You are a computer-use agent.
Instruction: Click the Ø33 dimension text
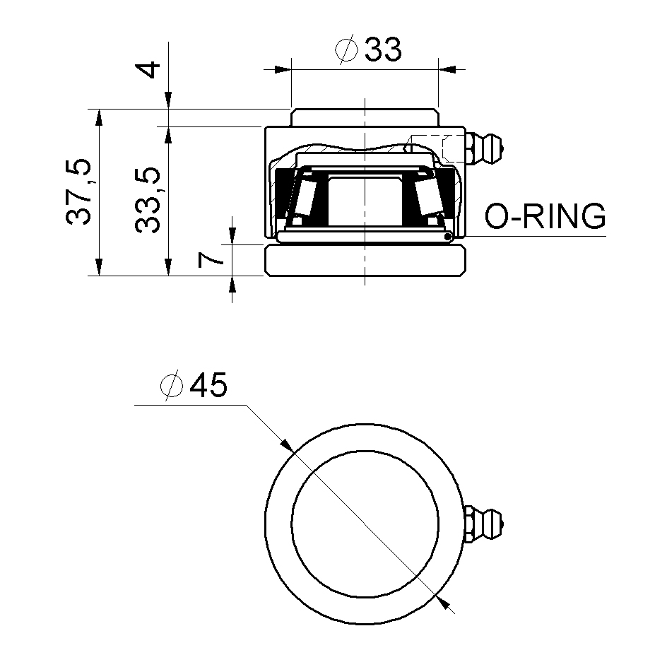[370, 50]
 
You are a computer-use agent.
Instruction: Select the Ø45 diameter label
[194, 386]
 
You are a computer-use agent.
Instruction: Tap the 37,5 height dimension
[78, 191]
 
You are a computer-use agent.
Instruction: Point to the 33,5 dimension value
[149, 201]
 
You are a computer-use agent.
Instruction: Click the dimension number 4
[149, 71]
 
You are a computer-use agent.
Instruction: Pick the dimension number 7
[211, 259]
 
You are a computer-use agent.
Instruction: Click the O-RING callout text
[545, 216]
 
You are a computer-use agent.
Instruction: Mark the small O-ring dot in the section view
[448, 237]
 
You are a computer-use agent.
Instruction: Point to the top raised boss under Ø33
[365, 117]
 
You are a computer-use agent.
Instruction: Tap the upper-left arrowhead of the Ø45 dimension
[285, 444]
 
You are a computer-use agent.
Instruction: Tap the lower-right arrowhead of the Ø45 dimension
[443, 602]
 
